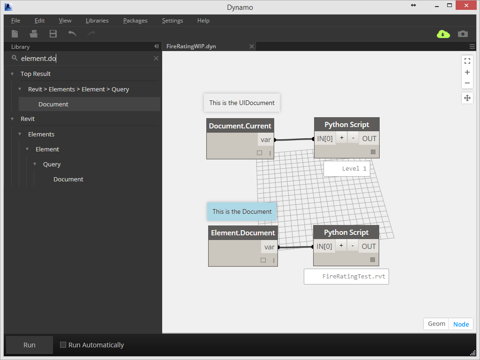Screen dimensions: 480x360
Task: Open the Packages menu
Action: click(135, 21)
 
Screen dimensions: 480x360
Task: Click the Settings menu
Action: click(172, 21)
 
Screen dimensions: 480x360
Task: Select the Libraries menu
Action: click(97, 21)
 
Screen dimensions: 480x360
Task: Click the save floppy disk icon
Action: click(53, 34)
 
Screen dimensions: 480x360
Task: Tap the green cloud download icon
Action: click(443, 34)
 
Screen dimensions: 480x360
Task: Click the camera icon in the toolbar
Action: click(463, 34)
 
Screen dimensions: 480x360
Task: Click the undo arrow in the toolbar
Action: click(72, 34)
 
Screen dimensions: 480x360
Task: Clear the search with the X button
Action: click(156, 59)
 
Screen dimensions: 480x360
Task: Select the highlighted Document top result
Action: click(53, 104)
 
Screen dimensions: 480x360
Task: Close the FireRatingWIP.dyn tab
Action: click(252, 46)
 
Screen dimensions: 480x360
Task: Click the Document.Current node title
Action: click(240, 126)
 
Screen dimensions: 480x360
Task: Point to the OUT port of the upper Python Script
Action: click(369, 138)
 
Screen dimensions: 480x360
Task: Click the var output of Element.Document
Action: click(269, 247)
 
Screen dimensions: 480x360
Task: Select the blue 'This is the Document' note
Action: click(242, 211)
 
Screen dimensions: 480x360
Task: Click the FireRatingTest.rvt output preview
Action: click(346, 277)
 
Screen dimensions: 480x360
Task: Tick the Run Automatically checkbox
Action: click(63, 345)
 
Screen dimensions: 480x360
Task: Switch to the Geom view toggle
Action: click(436, 324)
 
